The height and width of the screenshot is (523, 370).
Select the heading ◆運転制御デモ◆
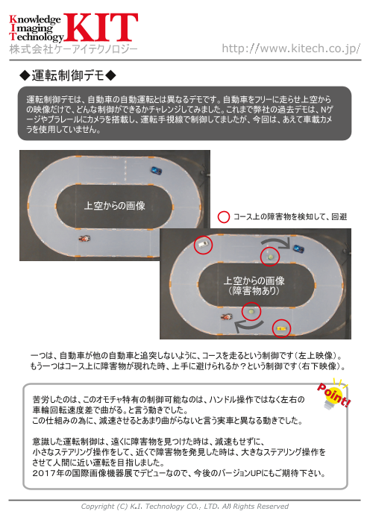(x=68, y=76)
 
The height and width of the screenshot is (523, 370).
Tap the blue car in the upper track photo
(x=155, y=170)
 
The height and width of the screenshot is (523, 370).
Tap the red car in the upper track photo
(x=82, y=239)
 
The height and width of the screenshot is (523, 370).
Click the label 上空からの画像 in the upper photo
(x=114, y=204)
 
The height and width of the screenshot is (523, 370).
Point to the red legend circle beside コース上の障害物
(x=222, y=217)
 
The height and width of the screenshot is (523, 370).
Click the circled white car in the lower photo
(x=201, y=245)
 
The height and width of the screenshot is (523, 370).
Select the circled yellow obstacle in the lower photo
(x=281, y=327)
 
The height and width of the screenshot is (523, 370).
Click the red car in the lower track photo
(x=223, y=317)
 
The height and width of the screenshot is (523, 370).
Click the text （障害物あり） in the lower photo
(x=254, y=292)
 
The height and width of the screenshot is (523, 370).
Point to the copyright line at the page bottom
(x=184, y=507)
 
